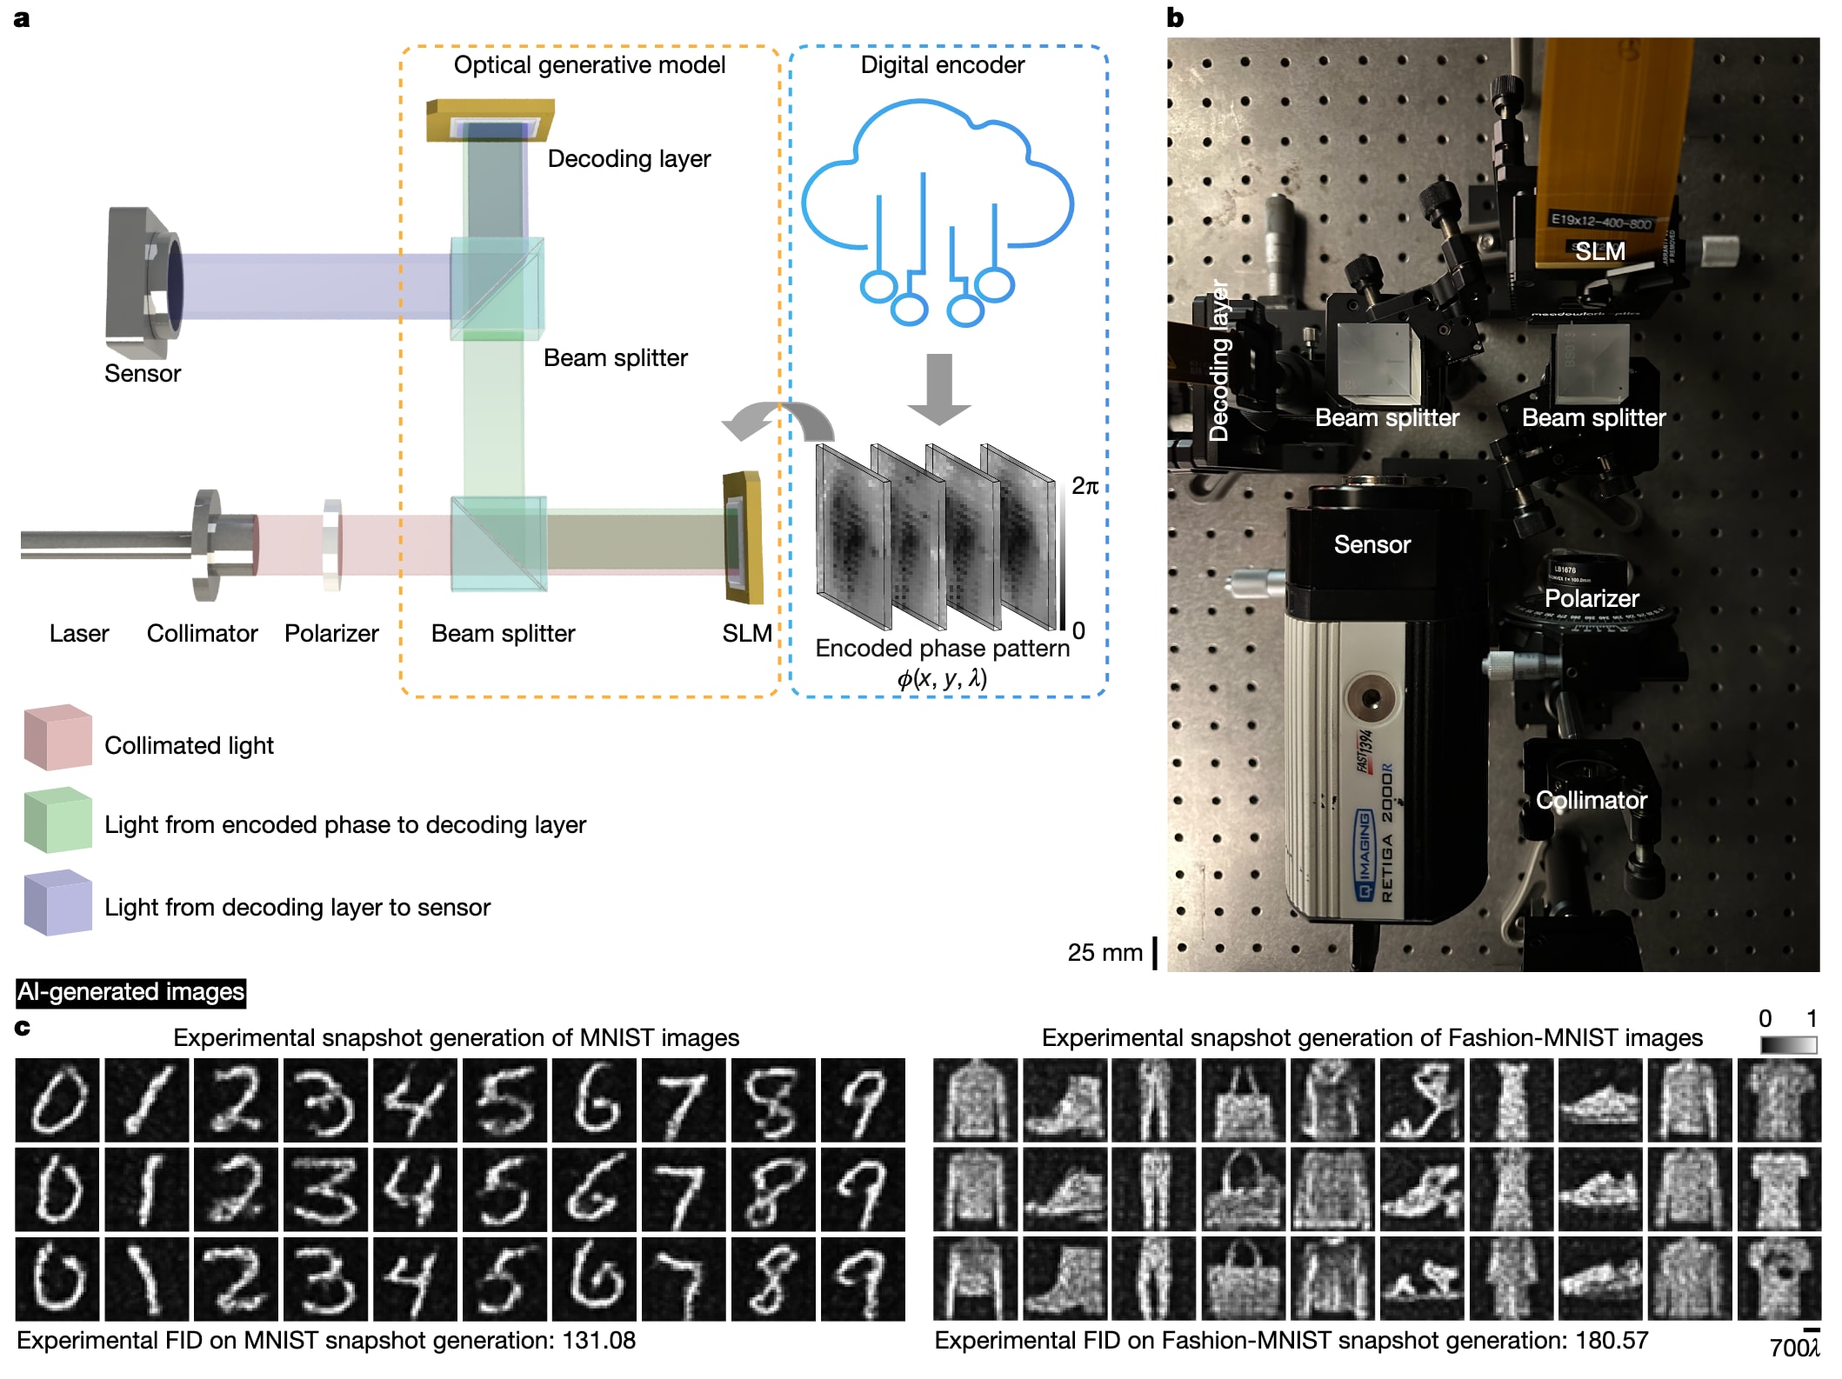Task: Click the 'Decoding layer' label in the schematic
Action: (628, 159)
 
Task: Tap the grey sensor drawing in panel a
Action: (143, 283)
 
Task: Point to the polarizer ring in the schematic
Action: (332, 544)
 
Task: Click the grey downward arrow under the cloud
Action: (938, 388)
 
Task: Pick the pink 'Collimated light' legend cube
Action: (57, 738)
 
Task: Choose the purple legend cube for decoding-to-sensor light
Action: (57, 903)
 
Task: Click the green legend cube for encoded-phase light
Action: (57, 820)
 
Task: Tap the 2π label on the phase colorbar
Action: (1085, 486)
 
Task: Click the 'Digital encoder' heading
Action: (942, 65)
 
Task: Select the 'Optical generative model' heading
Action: (589, 65)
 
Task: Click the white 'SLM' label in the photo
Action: (1599, 252)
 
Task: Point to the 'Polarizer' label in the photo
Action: (1591, 598)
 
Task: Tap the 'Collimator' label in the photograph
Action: (1591, 800)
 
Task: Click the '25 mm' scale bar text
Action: (1104, 952)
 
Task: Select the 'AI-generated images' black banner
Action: (131, 992)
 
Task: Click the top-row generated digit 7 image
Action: (683, 1100)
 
